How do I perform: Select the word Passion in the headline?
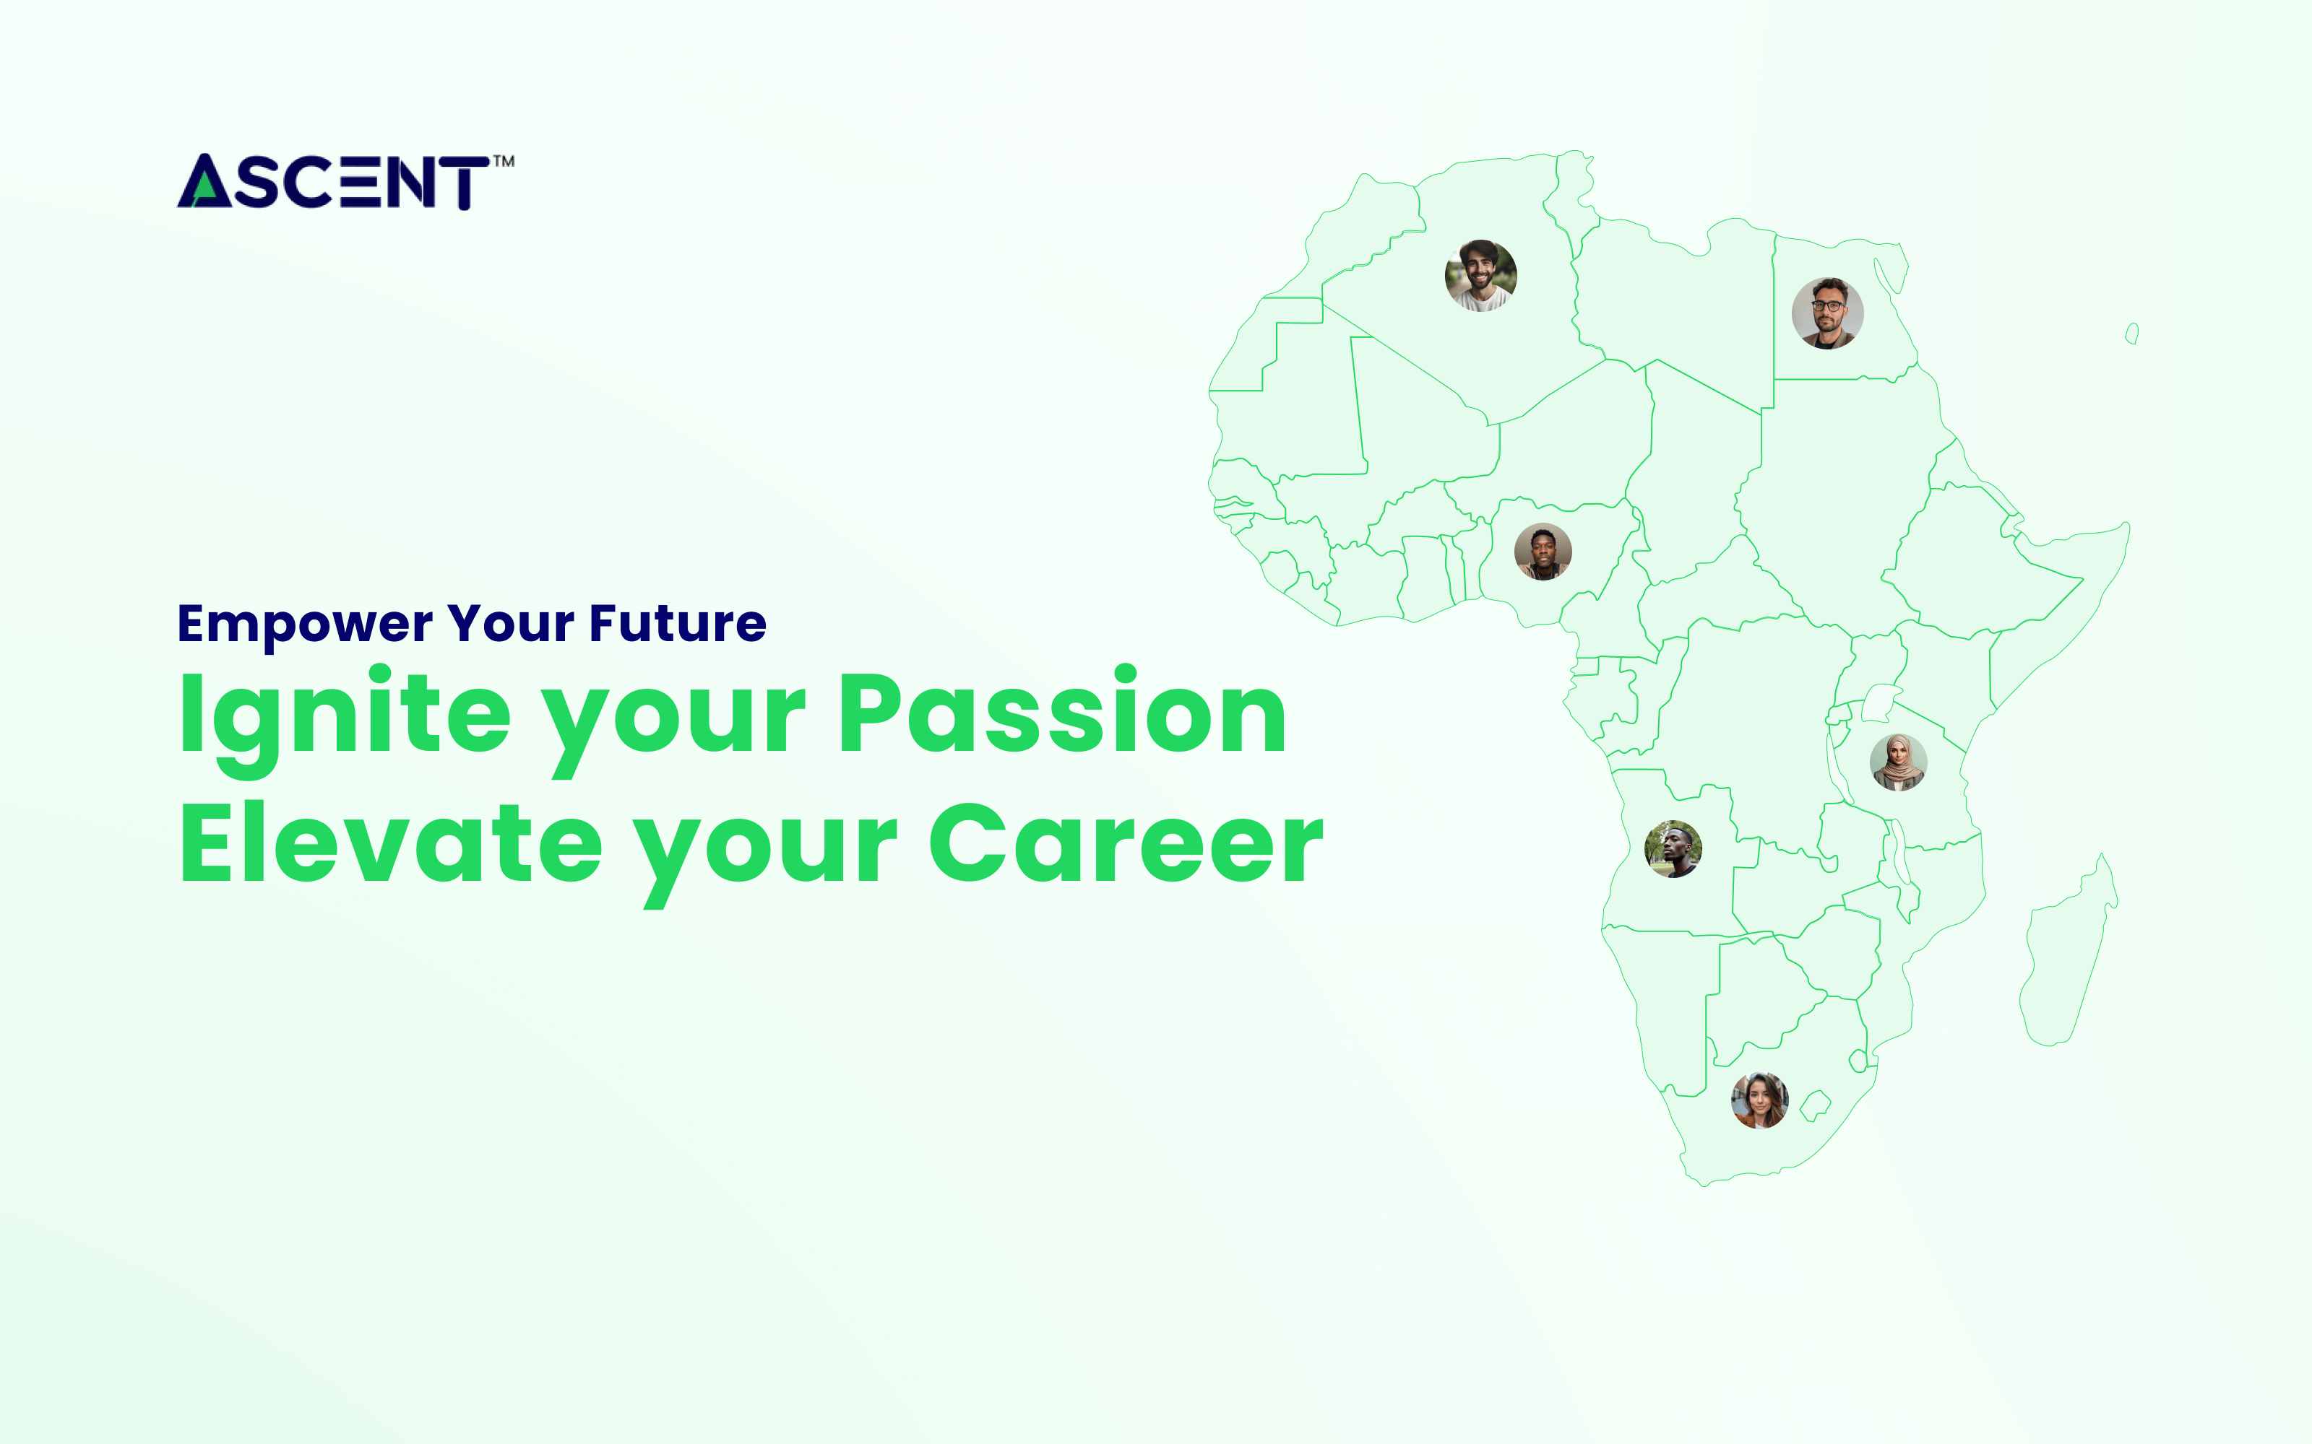[x=1062, y=714]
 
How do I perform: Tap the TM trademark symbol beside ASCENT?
[x=504, y=162]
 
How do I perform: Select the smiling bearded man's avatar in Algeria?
[x=1480, y=275]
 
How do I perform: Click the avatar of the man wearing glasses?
[x=1826, y=313]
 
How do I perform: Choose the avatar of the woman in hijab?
[x=1897, y=762]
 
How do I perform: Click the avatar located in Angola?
[x=1672, y=848]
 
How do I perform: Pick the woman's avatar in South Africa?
[x=1759, y=1100]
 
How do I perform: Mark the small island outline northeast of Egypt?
[x=2131, y=334]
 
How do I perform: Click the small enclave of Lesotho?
[x=1814, y=1106]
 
